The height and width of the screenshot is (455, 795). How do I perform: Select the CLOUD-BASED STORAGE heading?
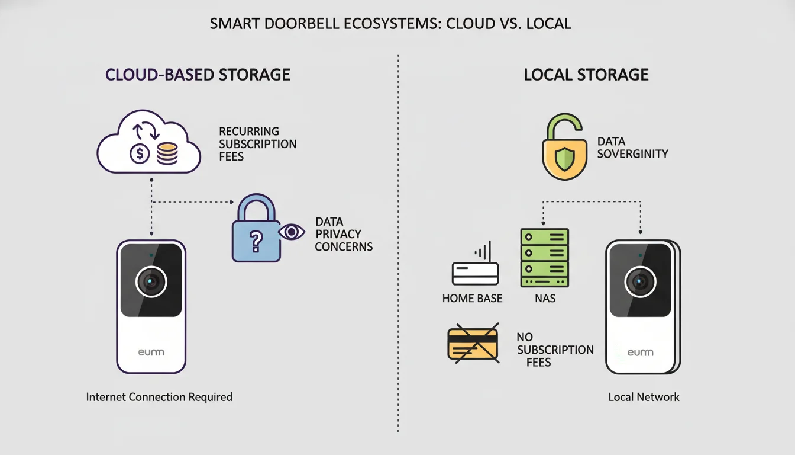coord(198,75)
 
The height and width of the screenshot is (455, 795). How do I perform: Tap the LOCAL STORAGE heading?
coord(586,75)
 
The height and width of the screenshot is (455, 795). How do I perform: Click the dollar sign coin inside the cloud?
coord(140,154)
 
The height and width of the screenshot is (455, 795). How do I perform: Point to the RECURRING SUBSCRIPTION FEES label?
coord(257,143)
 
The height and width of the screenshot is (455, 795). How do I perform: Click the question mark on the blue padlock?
coord(256,239)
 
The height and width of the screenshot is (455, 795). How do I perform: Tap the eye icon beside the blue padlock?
coord(291,232)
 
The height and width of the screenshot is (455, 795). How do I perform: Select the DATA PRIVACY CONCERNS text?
coord(343,234)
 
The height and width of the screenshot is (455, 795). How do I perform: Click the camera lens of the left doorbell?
coord(151,281)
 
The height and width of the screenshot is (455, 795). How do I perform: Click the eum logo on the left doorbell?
coord(151,353)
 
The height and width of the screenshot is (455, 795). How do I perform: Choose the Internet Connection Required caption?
coord(159,397)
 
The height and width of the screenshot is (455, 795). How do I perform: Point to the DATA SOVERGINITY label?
coord(632,148)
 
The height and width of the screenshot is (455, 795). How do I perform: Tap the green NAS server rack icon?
coord(544,258)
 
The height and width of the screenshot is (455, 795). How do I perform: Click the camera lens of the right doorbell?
coord(640,281)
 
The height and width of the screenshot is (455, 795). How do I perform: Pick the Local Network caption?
coord(644,397)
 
